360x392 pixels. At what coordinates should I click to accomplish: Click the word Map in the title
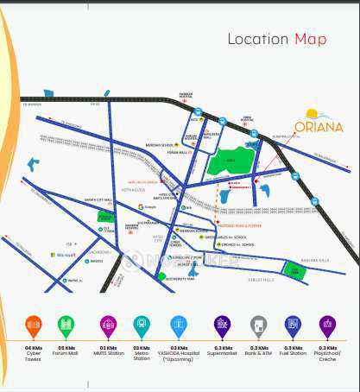pyautogui.click(x=310, y=39)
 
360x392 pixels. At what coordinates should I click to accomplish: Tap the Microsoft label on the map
pyautogui.click(x=66, y=255)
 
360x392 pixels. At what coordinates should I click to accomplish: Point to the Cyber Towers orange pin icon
pyautogui.click(x=33, y=326)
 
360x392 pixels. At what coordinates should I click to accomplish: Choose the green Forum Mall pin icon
pyautogui.click(x=66, y=326)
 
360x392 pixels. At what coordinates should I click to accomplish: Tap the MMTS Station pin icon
pyautogui.click(x=108, y=326)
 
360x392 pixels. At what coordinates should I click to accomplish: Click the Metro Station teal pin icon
pyautogui.click(x=141, y=326)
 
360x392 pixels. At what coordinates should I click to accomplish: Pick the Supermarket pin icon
pyautogui.click(x=222, y=326)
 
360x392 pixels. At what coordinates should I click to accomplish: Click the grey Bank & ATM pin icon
pyautogui.click(x=258, y=326)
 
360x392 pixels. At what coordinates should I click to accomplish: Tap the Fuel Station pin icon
pyautogui.click(x=293, y=326)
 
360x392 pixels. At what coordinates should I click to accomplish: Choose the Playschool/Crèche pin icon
pyautogui.click(x=327, y=326)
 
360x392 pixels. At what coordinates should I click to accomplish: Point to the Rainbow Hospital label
pyautogui.click(x=185, y=96)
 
